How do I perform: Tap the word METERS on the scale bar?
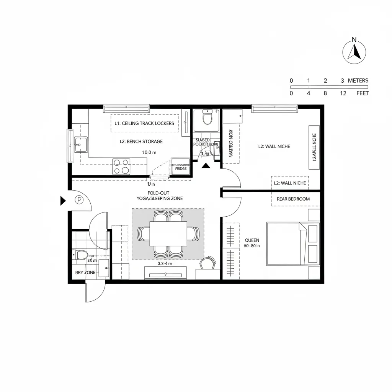[x=358, y=80]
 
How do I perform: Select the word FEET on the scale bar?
[x=362, y=93]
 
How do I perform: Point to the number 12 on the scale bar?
[x=343, y=93]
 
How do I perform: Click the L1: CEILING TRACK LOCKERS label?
[x=144, y=123]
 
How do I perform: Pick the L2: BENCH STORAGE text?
[x=141, y=141]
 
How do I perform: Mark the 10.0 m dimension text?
[x=149, y=152]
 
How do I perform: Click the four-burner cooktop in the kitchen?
[x=121, y=166]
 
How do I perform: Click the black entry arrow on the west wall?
[x=63, y=201]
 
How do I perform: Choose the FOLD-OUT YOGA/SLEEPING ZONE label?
[x=160, y=196]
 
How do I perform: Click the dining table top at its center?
[x=168, y=234]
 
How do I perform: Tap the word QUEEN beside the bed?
[x=252, y=240]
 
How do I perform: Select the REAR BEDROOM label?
[x=293, y=199]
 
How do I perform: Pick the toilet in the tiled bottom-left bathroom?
[x=81, y=255]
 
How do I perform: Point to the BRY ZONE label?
[x=85, y=273]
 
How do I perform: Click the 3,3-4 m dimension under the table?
[x=165, y=263]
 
